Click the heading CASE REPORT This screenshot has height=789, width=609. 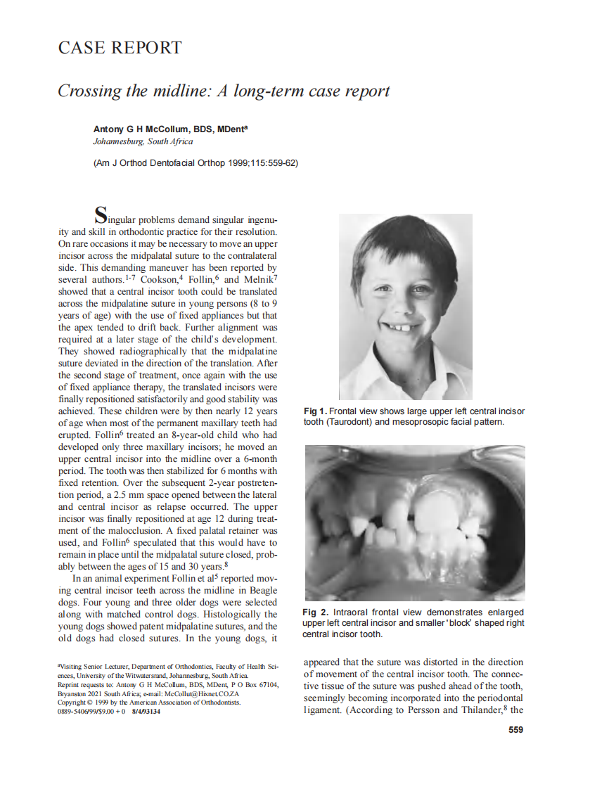click(x=120, y=48)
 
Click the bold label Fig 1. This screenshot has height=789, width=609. click(x=315, y=411)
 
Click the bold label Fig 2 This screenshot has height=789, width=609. click(x=315, y=613)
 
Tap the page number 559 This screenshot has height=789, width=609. click(x=515, y=730)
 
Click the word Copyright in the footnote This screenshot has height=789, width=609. click(x=71, y=703)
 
